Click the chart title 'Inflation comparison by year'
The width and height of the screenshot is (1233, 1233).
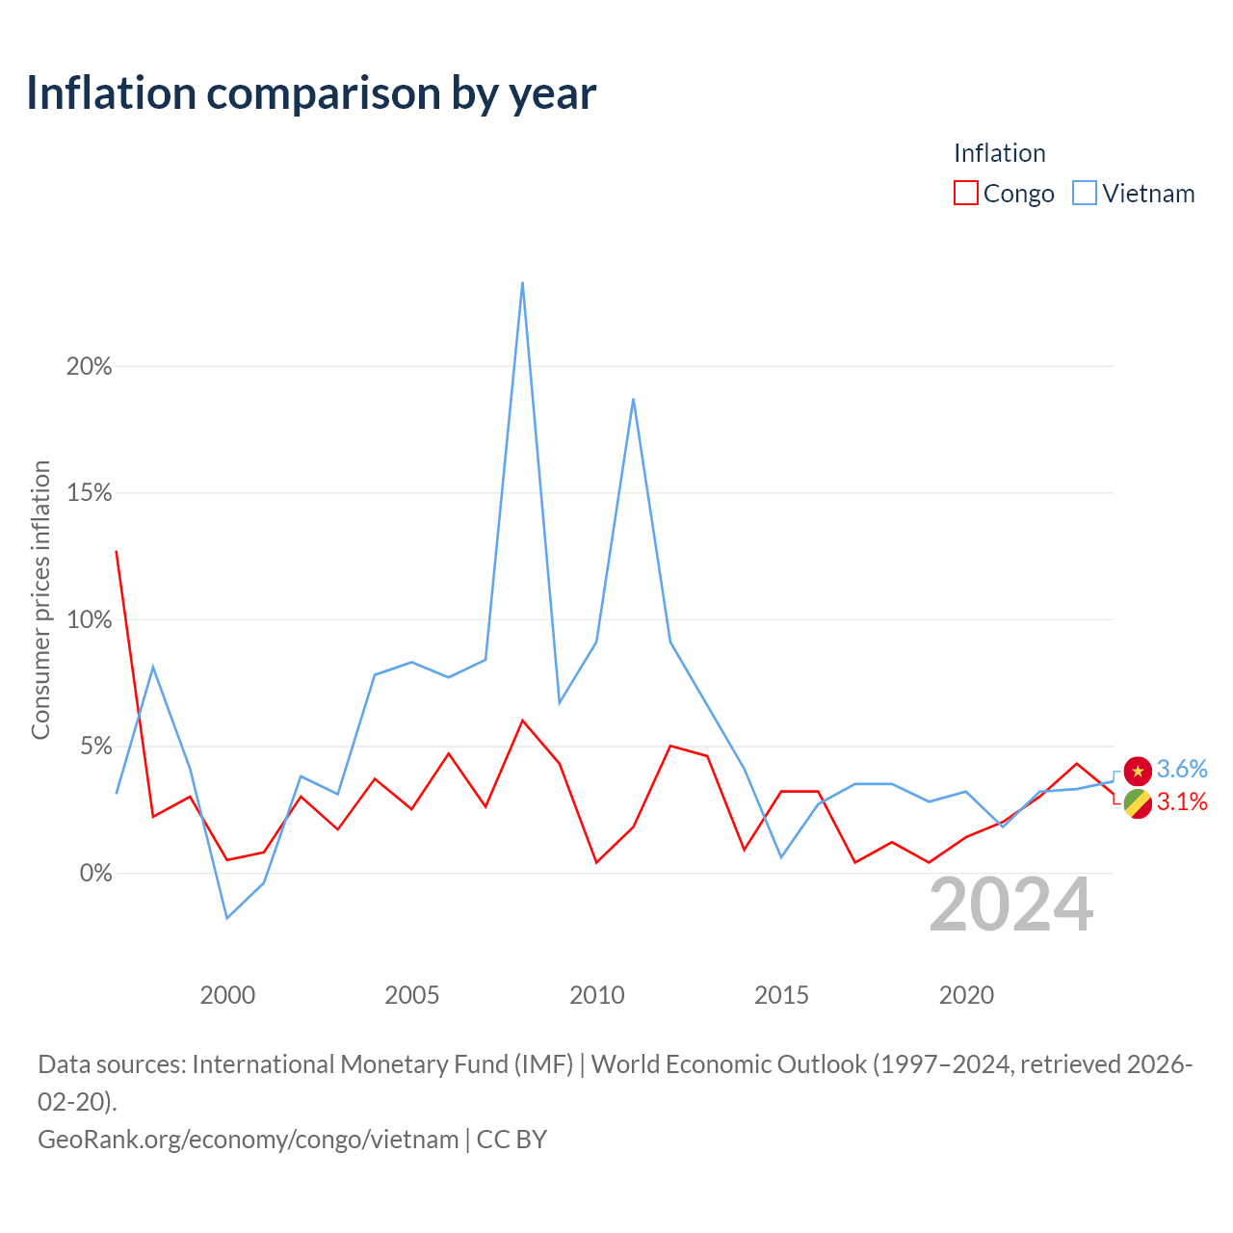[x=311, y=94]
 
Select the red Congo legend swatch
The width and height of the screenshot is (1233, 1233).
[x=965, y=193]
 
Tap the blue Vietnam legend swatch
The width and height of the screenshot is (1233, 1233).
[x=1084, y=193]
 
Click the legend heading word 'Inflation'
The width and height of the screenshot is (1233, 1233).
[x=999, y=153]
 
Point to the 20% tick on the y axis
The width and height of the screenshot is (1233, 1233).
[x=89, y=367]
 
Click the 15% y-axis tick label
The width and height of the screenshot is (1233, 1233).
[x=89, y=493]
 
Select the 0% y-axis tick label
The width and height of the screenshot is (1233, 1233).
[x=95, y=873]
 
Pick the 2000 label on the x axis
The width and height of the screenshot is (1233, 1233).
[x=227, y=995]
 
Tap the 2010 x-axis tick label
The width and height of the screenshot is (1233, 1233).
[x=596, y=995]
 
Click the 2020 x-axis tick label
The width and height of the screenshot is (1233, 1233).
[x=965, y=995]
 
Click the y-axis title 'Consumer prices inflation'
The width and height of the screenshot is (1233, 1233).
[x=40, y=599]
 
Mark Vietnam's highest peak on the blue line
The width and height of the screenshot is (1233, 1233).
[x=523, y=282]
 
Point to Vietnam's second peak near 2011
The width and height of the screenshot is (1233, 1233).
[x=633, y=399]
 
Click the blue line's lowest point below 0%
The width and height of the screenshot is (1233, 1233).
[x=227, y=918]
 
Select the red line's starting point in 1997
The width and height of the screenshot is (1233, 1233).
[x=117, y=551]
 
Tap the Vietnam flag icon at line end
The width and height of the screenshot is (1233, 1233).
[x=1137, y=771]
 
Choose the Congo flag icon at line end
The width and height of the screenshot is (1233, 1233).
[x=1137, y=803]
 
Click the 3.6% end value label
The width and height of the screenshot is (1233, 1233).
[x=1181, y=769]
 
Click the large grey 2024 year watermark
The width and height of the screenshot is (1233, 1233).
[x=1010, y=905]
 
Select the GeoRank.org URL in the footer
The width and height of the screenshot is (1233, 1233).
[x=249, y=1140]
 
